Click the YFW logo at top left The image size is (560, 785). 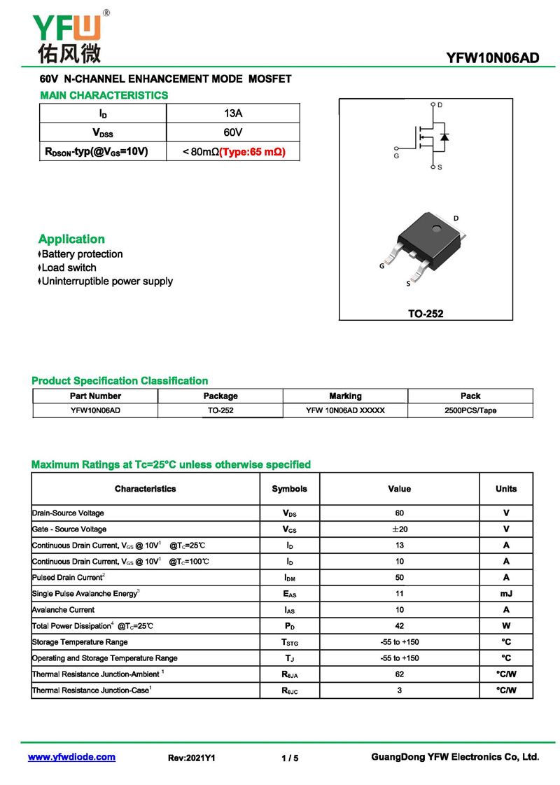click(69, 35)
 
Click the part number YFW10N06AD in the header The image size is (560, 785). click(493, 58)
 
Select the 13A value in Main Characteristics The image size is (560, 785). click(233, 113)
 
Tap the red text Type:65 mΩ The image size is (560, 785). click(253, 151)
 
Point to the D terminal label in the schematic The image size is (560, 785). click(440, 105)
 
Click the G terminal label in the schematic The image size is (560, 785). click(396, 155)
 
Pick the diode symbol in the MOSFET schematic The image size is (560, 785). click(444, 136)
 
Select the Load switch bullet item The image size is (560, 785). click(69, 268)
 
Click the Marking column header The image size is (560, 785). click(345, 396)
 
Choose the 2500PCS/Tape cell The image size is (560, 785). click(470, 410)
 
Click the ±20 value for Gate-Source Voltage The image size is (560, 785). click(399, 529)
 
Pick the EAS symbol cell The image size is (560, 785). click(289, 594)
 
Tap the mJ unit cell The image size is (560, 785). click(506, 593)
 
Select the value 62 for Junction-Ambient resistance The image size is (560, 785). click(399, 674)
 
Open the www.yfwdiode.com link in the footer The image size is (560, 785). click(71, 757)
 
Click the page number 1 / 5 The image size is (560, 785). click(290, 758)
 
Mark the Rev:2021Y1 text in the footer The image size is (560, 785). click(192, 758)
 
